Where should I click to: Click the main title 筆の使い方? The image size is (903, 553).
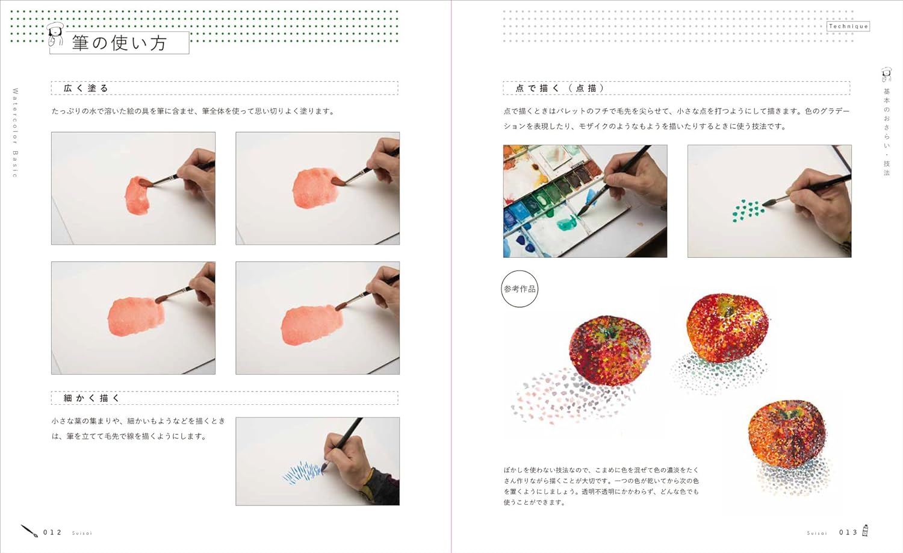coord(119,43)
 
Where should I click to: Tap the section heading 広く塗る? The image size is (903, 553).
coord(86,89)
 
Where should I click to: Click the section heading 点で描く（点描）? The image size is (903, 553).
coord(560,89)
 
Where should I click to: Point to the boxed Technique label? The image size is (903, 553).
coord(848,27)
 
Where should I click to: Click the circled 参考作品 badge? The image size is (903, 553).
coord(520,289)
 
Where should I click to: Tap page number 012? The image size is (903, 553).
coord(52,533)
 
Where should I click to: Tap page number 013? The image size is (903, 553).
coord(848,533)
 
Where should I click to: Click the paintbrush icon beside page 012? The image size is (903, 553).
coord(29,531)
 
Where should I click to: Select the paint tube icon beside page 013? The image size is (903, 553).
coord(864,531)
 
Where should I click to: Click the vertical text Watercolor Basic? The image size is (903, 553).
coord(15,133)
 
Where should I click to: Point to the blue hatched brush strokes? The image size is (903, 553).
coord(303,472)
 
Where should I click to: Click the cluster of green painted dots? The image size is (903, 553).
coord(748,210)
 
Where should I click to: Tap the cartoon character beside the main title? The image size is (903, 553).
coord(55,34)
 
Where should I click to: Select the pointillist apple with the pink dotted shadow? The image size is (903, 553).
coord(609,350)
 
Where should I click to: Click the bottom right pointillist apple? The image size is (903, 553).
coord(786,434)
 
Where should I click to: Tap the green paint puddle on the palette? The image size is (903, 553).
coord(567,222)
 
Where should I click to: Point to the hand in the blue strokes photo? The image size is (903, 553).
coord(355,464)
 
